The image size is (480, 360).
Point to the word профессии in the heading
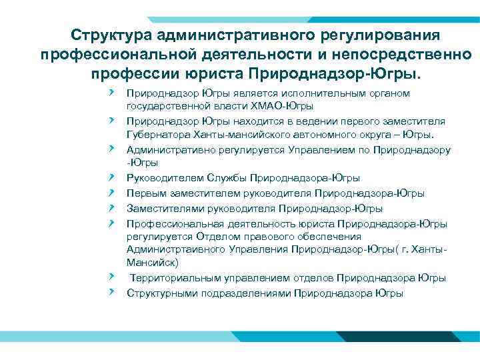[132, 71]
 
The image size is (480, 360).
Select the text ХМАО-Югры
[287, 105]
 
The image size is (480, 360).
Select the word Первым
[145, 193]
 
